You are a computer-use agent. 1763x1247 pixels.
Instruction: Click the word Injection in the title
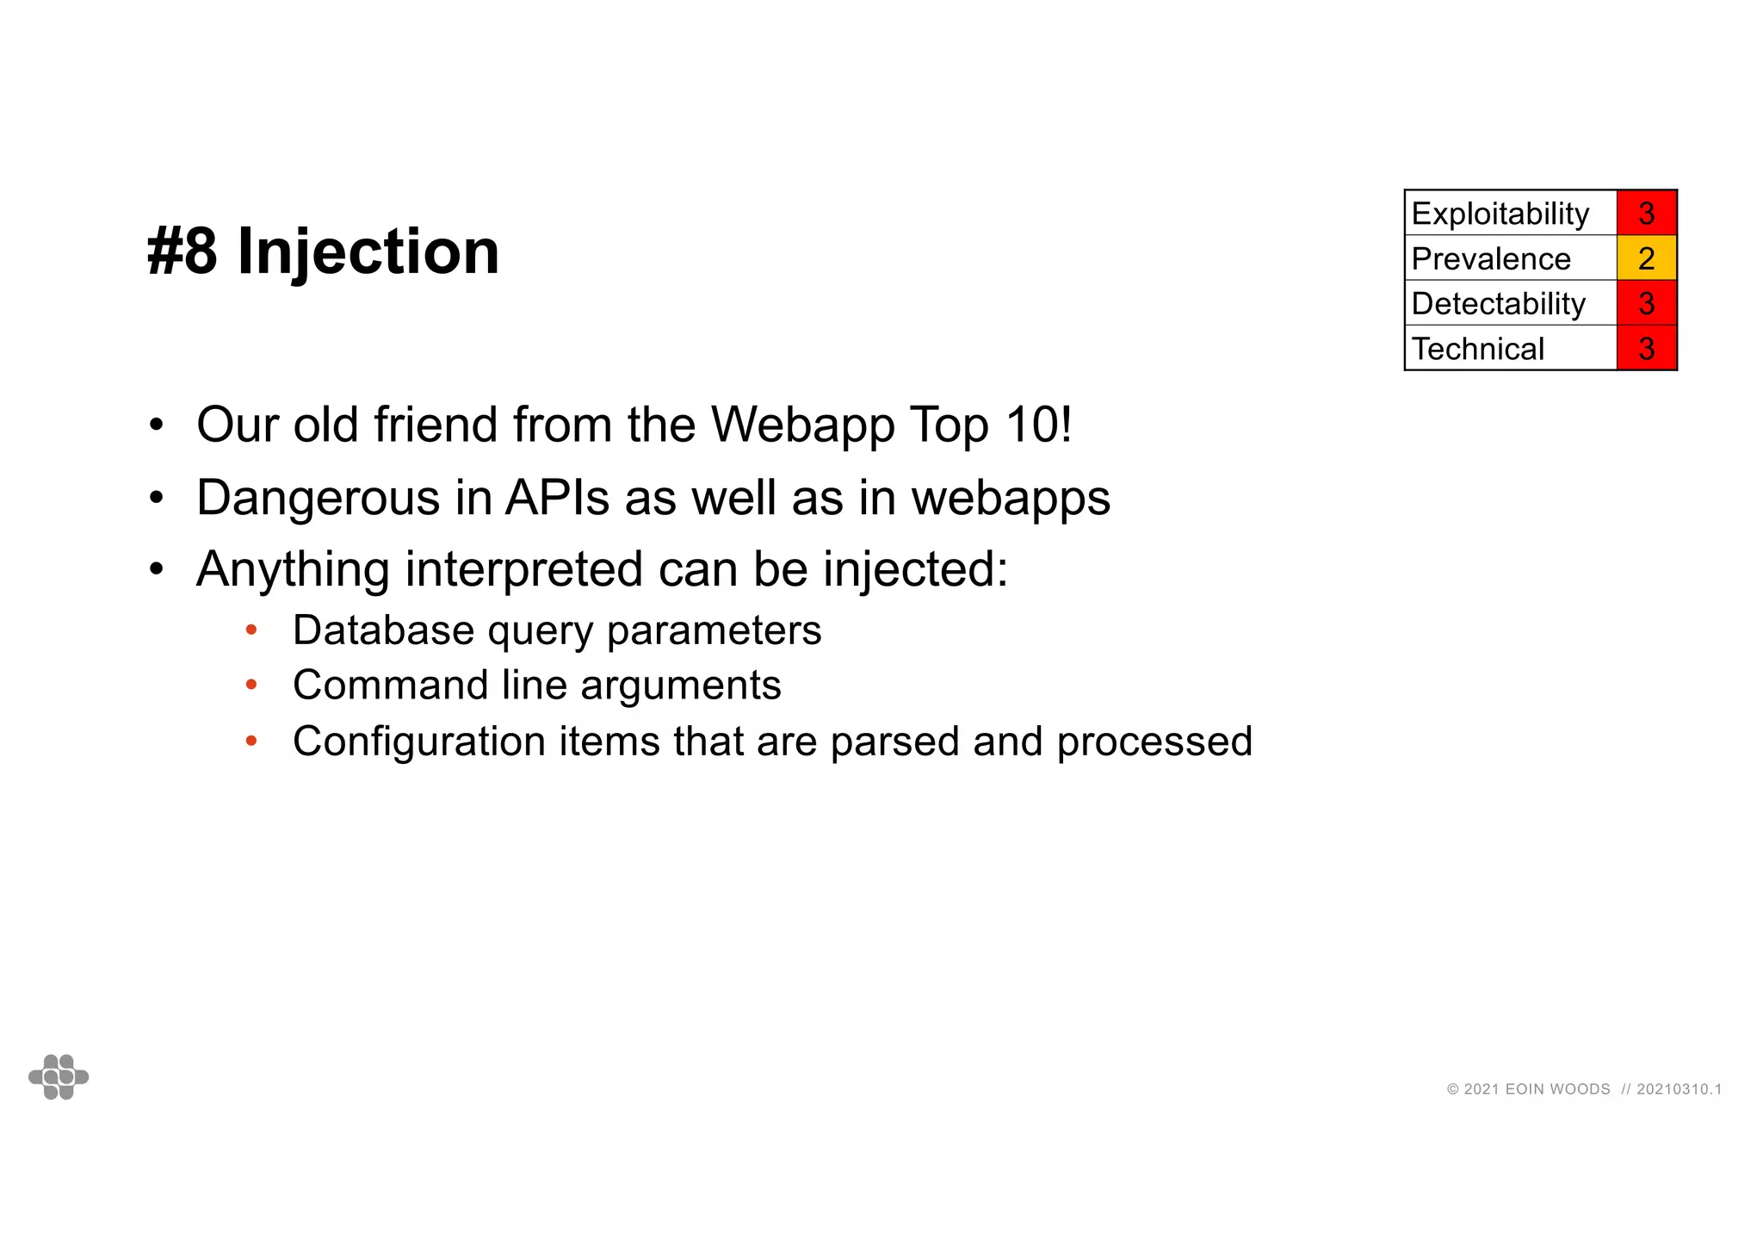(x=368, y=251)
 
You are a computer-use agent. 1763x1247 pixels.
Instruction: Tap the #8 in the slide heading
(x=182, y=251)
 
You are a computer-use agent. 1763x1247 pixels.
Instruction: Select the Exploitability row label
(x=1500, y=214)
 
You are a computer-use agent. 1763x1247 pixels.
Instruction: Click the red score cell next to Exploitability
(x=1646, y=214)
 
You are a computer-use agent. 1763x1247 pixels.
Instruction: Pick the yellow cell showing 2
(x=1646, y=258)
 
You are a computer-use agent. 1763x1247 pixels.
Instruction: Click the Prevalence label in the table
(x=1491, y=258)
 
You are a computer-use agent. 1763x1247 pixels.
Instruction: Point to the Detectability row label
(x=1498, y=303)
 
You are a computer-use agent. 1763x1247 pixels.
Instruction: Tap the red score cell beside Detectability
(x=1646, y=303)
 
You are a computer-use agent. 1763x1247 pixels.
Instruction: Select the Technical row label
(x=1478, y=349)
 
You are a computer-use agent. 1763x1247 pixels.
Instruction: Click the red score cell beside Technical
(x=1646, y=349)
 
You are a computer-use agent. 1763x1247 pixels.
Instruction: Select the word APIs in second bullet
(x=558, y=498)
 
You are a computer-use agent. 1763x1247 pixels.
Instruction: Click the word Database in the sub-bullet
(x=383, y=630)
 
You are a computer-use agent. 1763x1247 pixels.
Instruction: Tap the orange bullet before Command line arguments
(x=251, y=686)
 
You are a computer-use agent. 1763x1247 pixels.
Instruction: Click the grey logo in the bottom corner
(x=59, y=1076)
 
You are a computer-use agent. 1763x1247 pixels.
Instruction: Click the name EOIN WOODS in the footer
(x=1557, y=1089)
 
